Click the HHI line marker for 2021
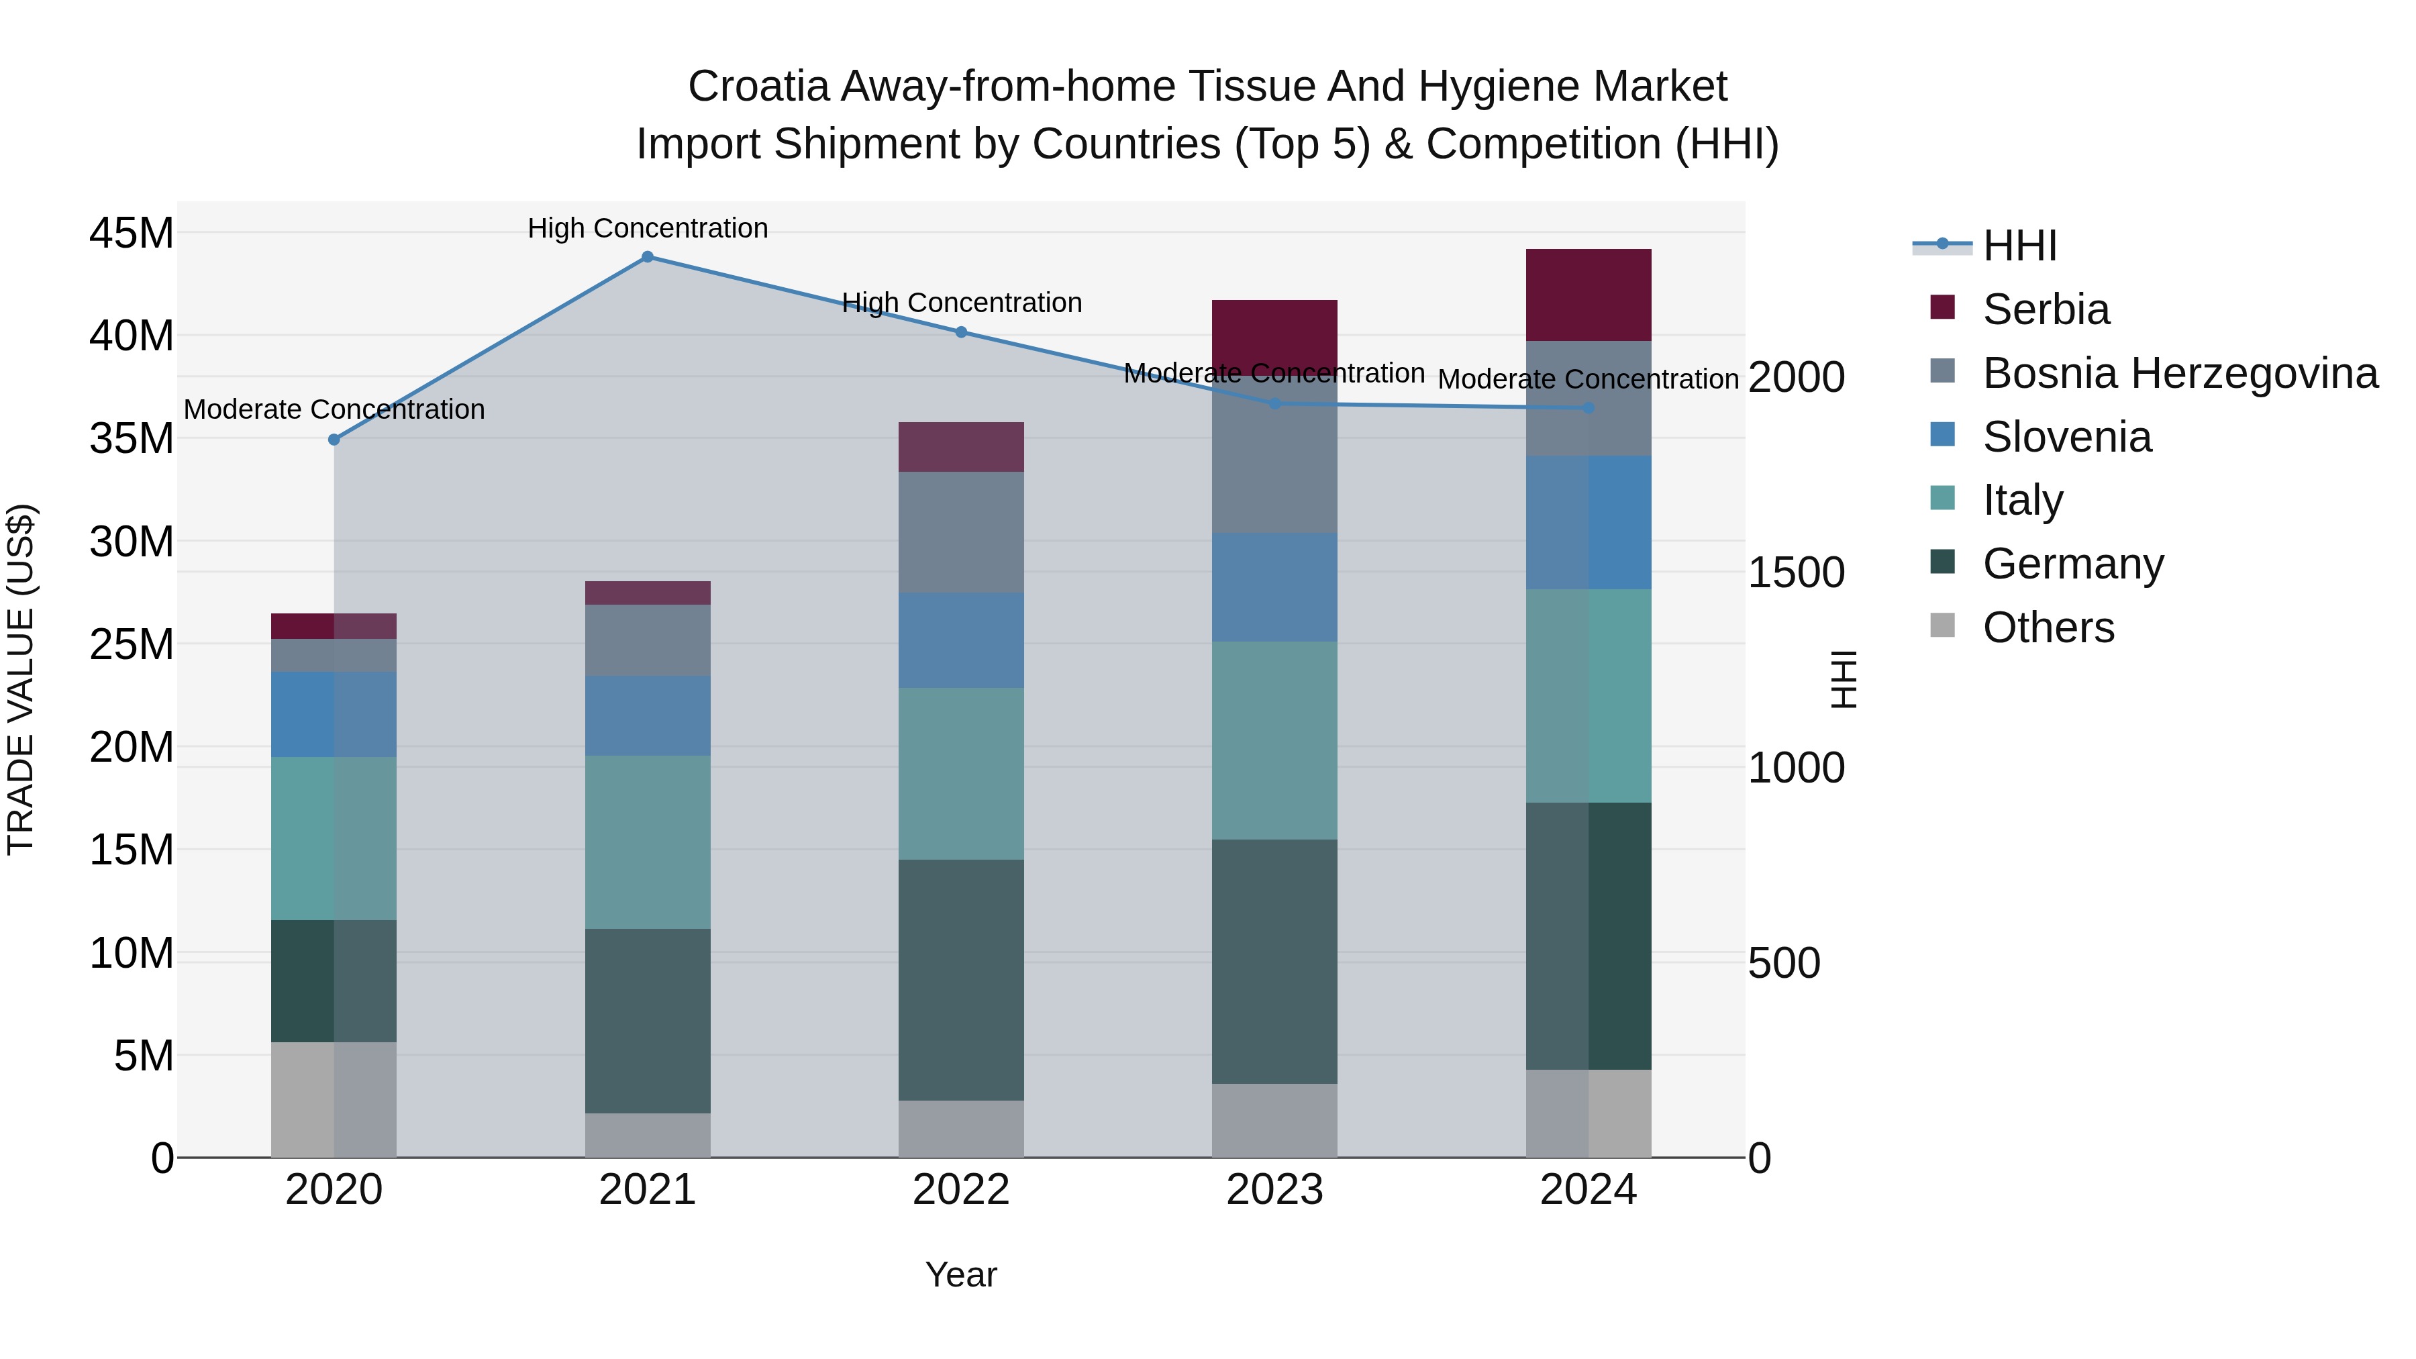(647, 257)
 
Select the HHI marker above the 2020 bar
(334, 440)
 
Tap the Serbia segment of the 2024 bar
(1588, 295)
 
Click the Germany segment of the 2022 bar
(960, 980)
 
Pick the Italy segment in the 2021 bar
(647, 842)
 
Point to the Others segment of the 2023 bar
(1274, 1121)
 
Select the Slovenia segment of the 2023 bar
(1274, 588)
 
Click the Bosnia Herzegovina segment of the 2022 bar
(960, 533)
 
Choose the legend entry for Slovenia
(2066, 437)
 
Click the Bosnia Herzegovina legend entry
(2180, 373)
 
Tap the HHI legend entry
(2019, 246)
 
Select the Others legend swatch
(1942, 625)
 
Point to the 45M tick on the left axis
(132, 233)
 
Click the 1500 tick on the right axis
(1796, 573)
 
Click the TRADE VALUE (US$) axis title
(21, 679)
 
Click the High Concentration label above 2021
(647, 229)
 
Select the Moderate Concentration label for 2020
(334, 410)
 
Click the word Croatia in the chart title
(758, 87)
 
